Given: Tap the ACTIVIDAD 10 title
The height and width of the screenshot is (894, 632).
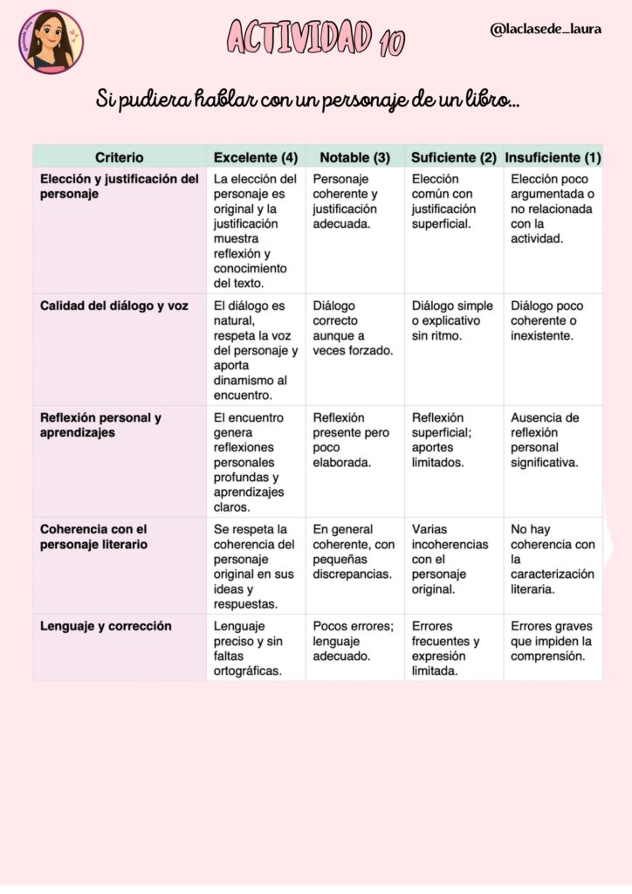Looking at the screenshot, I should (315, 38).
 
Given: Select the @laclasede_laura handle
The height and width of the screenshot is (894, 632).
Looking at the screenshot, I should (546, 29).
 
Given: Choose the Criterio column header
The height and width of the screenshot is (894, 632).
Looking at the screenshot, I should (120, 157).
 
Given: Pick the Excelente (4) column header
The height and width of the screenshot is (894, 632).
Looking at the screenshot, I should (256, 157).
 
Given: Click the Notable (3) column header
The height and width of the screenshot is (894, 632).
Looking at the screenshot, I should (354, 157).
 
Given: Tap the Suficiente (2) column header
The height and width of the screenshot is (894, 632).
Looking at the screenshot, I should (453, 157).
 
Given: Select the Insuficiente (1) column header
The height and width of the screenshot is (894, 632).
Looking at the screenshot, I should (553, 157).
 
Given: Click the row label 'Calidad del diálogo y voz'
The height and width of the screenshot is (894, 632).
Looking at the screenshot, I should (114, 306).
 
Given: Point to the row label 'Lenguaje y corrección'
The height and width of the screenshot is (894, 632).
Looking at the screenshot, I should (106, 626).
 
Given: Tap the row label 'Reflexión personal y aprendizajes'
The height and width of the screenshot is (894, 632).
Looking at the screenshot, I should (100, 425).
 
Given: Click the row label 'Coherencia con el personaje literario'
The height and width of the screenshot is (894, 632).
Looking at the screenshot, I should (94, 537).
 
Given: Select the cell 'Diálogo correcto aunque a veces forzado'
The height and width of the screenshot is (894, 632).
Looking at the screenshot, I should (354, 328).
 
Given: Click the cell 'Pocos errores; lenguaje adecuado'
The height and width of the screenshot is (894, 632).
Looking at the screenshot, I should (353, 641).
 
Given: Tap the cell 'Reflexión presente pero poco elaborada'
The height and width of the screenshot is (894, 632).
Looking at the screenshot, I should (351, 440).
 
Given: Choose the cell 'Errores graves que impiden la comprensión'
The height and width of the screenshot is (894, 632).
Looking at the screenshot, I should (552, 641).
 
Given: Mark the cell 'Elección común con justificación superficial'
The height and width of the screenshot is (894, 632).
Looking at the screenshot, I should (444, 202).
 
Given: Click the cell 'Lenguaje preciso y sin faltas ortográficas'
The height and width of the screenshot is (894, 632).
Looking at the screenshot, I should (249, 648).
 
